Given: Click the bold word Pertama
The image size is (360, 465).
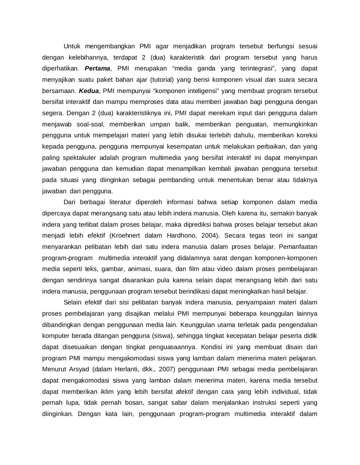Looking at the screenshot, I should [97, 68].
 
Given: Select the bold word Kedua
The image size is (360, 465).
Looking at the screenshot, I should [89, 91].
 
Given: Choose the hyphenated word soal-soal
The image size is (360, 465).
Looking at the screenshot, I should [91, 124].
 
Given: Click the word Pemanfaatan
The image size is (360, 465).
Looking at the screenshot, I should [298, 247].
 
